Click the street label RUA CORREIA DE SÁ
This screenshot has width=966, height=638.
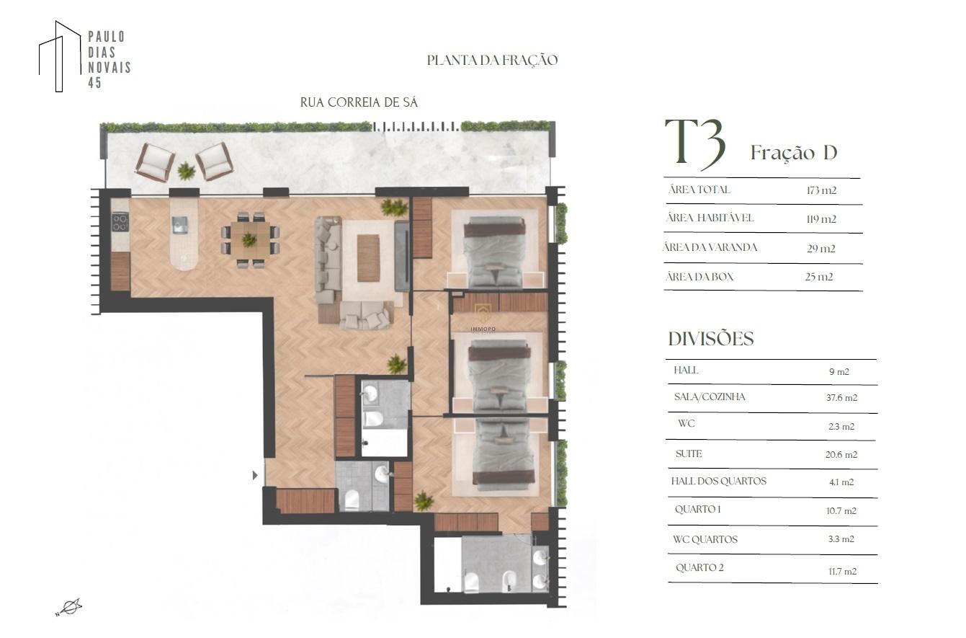coord(359,102)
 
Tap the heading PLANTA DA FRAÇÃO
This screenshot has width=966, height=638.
coord(492,60)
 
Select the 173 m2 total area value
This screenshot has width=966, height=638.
coord(821,190)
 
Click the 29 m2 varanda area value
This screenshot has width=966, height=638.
coord(821,249)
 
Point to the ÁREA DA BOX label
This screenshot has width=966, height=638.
coord(699,277)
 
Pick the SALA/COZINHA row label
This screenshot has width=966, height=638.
coord(710,396)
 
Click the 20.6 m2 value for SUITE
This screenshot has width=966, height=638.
coord(841,455)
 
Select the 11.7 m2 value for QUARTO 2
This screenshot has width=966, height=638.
coord(842,572)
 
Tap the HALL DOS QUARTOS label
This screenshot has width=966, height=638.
coord(718,481)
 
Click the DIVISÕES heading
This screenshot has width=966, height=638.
coord(711,339)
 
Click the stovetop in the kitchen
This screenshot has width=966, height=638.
coord(120,223)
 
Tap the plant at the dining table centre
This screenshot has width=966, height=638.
coord(249,239)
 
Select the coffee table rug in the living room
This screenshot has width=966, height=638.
coord(368,257)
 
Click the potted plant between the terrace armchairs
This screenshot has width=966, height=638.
coord(187,171)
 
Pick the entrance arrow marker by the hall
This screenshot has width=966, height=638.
coord(255,475)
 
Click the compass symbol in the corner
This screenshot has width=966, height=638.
coord(69,607)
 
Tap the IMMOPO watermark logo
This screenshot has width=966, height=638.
coord(483,318)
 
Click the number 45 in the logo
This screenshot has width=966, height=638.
coord(95,83)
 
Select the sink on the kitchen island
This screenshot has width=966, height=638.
coord(180,225)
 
